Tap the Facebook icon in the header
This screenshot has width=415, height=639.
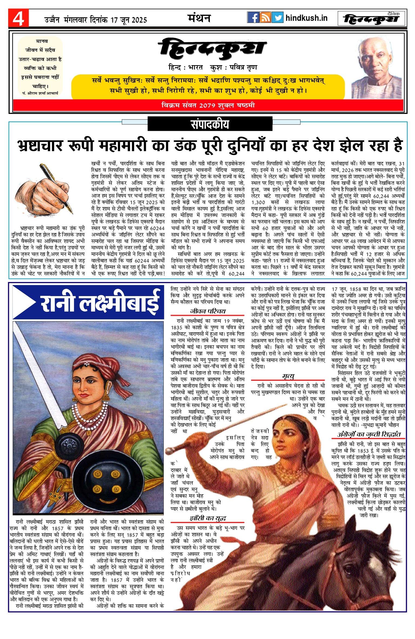pyautogui.click(x=253, y=18)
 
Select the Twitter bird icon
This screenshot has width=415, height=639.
pyautogui.click(x=277, y=18)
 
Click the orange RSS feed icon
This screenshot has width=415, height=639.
pyautogui.click(x=265, y=18)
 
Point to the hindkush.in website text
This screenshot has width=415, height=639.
pyautogui.click(x=306, y=18)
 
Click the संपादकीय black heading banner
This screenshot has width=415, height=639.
pyautogui.click(x=210, y=124)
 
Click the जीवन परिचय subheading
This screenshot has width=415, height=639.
pyautogui.click(x=207, y=311)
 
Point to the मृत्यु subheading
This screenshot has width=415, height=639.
pyautogui.click(x=288, y=376)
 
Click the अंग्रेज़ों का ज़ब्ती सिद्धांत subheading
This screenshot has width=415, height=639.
pyautogui.click(x=369, y=434)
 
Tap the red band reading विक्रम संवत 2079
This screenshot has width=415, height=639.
pyautogui.click(x=208, y=105)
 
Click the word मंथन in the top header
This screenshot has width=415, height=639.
pyautogui.click(x=199, y=18)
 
